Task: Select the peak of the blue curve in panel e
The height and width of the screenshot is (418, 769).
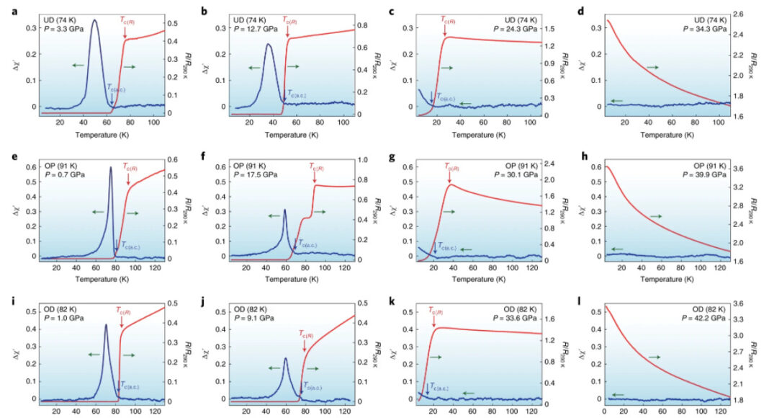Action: [111, 167]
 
